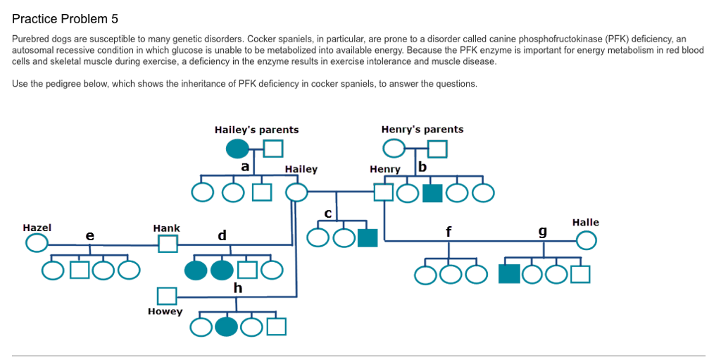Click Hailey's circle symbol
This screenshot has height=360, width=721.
point(296,192)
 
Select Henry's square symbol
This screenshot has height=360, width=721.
point(384,192)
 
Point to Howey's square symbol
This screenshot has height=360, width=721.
point(166,296)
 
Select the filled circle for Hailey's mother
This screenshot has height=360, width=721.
point(237,149)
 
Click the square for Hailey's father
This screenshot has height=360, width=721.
point(273,149)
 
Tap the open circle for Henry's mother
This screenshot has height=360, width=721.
point(394,149)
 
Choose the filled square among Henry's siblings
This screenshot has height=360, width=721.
point(432,192)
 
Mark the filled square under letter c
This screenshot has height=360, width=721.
point(368,238)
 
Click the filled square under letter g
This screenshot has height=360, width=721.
point(508,273)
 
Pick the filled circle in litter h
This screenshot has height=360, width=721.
point(226,327)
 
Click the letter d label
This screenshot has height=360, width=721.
point(222,235)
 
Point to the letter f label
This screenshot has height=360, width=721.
point(449,230)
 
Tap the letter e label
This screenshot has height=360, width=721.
point(89,235)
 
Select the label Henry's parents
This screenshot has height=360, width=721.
point(422,130)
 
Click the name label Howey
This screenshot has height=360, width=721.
point(165,311)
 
